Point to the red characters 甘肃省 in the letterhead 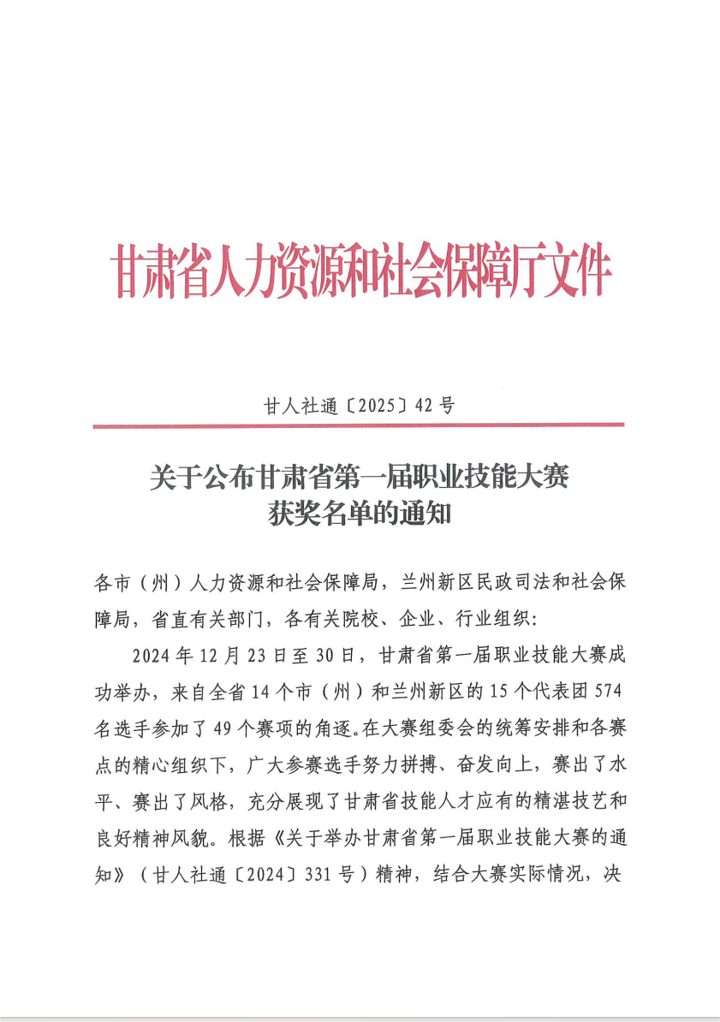[x=155, y=272]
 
